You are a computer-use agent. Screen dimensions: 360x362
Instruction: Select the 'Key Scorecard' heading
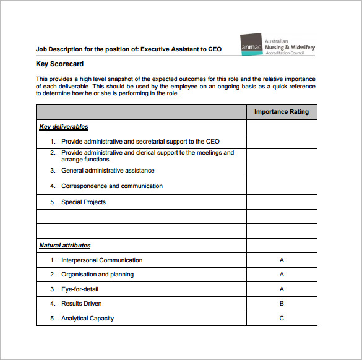click(59, 64)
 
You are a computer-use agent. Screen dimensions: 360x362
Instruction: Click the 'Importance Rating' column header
click(282, 112)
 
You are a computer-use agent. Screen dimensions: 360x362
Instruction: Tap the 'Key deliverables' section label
click(64, 127)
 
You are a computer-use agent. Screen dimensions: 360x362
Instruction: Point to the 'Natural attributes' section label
click(65, 246)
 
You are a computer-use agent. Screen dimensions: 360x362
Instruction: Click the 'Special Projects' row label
click(84, 202)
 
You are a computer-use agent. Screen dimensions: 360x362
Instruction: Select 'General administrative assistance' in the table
click(108, 170)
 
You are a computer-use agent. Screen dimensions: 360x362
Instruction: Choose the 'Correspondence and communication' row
click(112, 186)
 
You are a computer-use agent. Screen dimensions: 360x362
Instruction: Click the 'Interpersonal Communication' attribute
click(101, 260)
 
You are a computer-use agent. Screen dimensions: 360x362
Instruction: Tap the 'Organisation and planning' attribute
click(97, 275)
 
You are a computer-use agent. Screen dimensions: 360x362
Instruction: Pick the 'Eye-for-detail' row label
click(80, 289)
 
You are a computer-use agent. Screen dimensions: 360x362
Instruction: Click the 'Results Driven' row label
click(82, 304)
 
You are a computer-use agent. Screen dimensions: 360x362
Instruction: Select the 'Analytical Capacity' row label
click(87, 319)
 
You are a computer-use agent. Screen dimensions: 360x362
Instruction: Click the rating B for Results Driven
click(282, 304)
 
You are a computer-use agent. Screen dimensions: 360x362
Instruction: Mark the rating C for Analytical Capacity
click(282, 319)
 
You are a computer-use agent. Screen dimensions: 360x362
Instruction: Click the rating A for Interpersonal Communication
click(282, 260)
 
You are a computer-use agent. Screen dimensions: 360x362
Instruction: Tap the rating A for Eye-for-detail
click(282, 289)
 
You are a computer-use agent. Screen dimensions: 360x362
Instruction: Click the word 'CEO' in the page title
click(213, 49)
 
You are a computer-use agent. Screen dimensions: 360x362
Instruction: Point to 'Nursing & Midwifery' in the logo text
click(290, 47)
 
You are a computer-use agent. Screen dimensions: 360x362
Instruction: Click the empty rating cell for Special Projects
click(282, 202)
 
